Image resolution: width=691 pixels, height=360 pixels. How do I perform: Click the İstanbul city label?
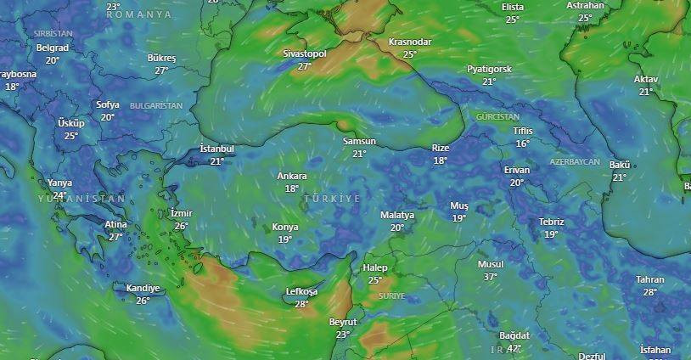pyautogui.click(x=216, y=149)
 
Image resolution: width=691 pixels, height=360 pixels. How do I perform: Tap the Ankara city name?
pyautogui.click(x=292, y=177)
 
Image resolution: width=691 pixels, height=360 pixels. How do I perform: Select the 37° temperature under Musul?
pyautogui.click(x=490, y=277)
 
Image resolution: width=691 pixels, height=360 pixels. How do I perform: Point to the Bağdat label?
pyautogui.click(x=514, y=335)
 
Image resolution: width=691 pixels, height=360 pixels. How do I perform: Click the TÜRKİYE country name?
pyautogui.click(x=332, y=198)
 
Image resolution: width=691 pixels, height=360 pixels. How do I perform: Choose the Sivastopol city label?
pyautogui.click(x=305, y=53)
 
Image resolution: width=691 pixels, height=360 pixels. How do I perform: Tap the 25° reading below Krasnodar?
pyautogui.click(x=410, y=54)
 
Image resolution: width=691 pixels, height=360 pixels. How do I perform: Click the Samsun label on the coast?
pyautogui.click(x=359, y=142)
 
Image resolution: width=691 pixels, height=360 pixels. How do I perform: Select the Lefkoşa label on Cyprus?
pyautogui.click(x=301, y=292)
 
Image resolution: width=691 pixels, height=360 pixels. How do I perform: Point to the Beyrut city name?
pyautogui.click(x=343, y=323)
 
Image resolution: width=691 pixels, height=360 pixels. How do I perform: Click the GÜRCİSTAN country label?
pyautogui.click(x=497, y=116)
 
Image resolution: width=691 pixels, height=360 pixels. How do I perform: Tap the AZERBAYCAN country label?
pyautogui.click(x=575, y=161)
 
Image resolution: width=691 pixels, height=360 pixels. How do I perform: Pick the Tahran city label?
pyautogui.click(x=650, y=279)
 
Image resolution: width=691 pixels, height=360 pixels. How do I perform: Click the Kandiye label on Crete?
pyautogui.click(x=143, y=288)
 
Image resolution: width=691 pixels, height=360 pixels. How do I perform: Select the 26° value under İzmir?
pyautogui.click(x=181, y=226)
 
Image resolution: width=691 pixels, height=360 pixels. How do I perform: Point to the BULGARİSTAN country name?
pyautogui.click(x=156, y=105)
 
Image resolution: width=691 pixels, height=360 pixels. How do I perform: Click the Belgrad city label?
pyautogui.click(x=53, y=48)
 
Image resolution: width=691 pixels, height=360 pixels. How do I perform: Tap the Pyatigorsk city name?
pyautogui.click(x=489, y=69)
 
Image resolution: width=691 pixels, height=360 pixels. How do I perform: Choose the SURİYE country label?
pyautogui.click(x=391, y=296)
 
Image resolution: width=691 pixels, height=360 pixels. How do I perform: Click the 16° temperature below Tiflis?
pyautogui.click(x=522, y=143)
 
